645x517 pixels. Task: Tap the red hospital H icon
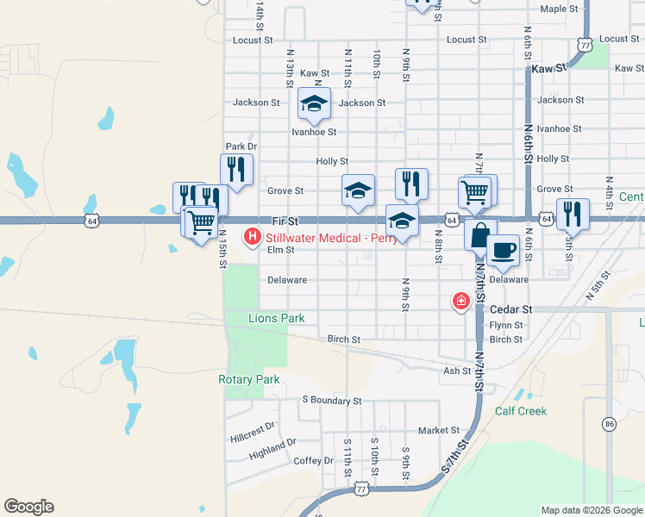253,235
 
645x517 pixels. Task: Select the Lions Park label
276,318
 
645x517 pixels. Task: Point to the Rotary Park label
250,379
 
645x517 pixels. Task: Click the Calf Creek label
521,411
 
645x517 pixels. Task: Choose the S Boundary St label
331,401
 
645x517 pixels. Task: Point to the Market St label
439,430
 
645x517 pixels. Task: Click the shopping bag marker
480,234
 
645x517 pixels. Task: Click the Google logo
28,507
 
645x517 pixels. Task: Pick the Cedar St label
511,308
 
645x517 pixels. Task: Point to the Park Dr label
241,146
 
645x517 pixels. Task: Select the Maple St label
559,9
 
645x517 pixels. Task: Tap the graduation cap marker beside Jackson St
314,104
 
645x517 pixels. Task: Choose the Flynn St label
506,325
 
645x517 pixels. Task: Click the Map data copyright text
591,510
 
